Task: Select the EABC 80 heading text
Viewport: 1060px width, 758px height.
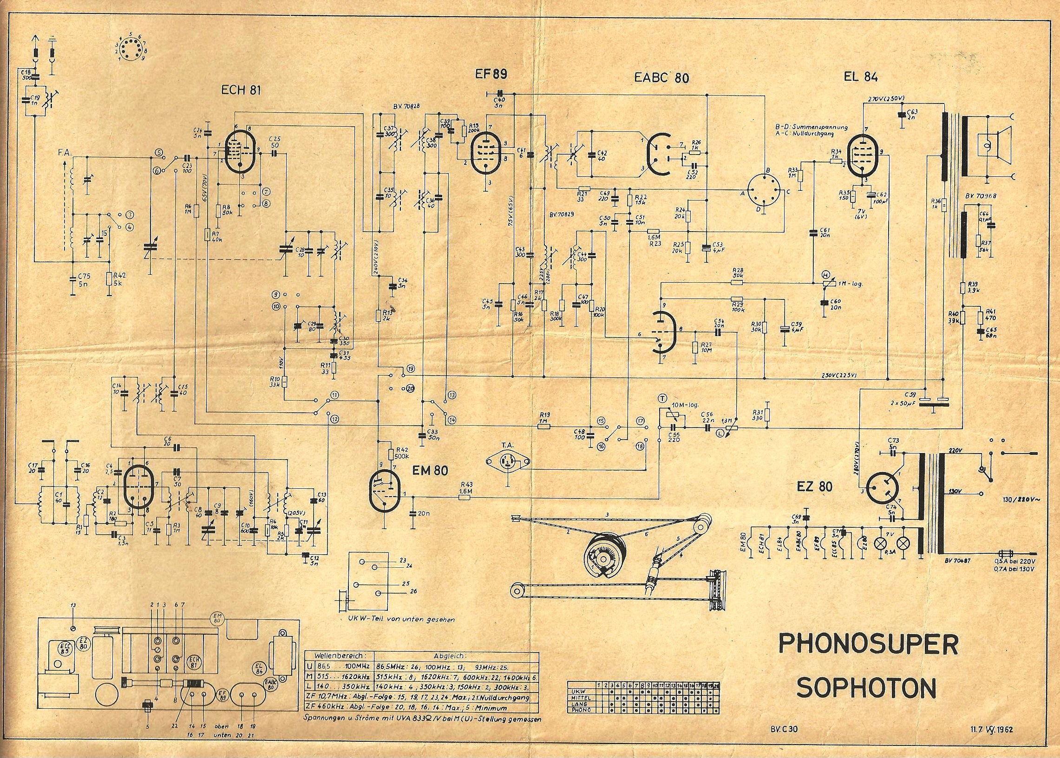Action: (x=661, y=78)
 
